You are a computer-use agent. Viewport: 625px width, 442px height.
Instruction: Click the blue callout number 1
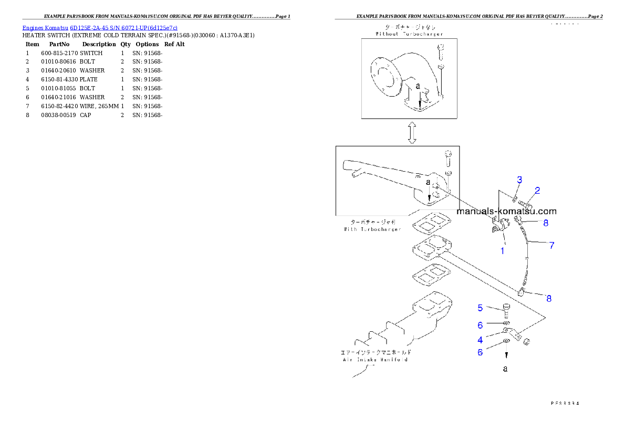click(x=502, y=251)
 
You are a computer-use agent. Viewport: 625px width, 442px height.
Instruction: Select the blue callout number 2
click(x=537, y=191)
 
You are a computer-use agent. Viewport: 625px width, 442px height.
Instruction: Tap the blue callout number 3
click(x=519, y=180)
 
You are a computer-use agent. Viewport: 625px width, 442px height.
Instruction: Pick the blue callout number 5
click(x=480, y=308)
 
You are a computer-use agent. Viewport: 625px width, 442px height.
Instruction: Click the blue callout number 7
click(x=551, y=245)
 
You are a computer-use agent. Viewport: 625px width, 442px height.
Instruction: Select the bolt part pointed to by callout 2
click(x=526, y=204)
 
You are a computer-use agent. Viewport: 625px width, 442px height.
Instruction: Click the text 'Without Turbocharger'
click(x=409, y=34)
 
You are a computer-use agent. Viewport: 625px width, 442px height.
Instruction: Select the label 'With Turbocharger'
click(x=372, y=229)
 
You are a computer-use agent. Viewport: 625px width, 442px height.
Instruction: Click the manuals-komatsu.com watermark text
click(x=506, y=212)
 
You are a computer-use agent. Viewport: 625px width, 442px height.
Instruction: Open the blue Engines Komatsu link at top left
click(x=100, y=27)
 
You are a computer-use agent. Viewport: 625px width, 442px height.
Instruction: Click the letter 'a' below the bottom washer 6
click(x=505, y=369)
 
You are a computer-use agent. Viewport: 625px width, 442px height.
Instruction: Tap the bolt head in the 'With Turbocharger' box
click(x=447, y=154)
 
